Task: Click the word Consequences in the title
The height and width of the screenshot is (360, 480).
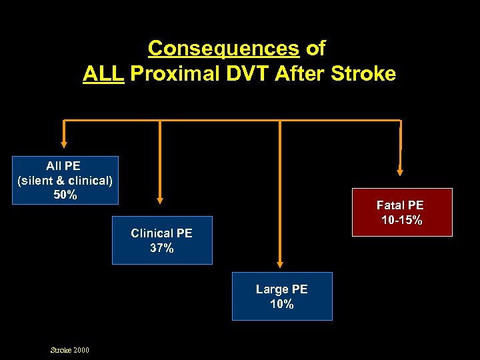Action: click(x=224, y=48)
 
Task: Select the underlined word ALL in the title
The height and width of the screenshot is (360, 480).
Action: click(x=103, y=73)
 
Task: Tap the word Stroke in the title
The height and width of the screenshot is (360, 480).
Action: click(x=364, y=73)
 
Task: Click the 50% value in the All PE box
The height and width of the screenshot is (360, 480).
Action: click(x=65, y=195)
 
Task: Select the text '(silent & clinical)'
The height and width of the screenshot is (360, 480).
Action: click(x=65, y=180)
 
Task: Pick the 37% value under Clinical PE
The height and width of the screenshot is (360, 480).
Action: click(x=162, y=248)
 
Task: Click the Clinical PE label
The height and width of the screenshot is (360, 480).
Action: click(x=162, y=233)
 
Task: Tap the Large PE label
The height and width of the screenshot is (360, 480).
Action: click(x=282, y=289)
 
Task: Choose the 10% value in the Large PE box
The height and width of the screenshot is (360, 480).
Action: click(x=282, y=304)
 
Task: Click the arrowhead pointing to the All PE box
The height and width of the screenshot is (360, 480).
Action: click(x=65, y=142)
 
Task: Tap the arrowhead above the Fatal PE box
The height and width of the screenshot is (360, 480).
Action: click(x=400, y=171)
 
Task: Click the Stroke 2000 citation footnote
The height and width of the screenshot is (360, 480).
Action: click(x=70, y=350)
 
